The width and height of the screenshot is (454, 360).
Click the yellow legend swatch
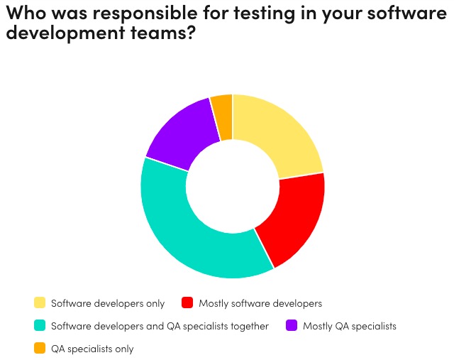click(x=40, y=303)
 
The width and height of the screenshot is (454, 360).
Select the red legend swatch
click(x=188, y=303)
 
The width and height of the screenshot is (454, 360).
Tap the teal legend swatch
click(x=40, y=326)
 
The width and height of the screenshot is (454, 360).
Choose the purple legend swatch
click(x=291, y=326)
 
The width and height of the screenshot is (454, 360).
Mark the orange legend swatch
click(x=40, y=348)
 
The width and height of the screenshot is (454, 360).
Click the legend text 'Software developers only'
click(x=108, y=304)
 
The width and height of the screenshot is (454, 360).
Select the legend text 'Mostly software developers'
click(x=260, y=304)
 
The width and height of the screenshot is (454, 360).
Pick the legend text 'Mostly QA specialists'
click(x=350, y=327)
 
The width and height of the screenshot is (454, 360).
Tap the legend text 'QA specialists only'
click(x=92, y=349)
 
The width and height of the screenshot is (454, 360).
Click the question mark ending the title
click(x=189, y=33)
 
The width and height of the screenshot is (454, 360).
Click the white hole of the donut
click(x=233, y=186)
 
